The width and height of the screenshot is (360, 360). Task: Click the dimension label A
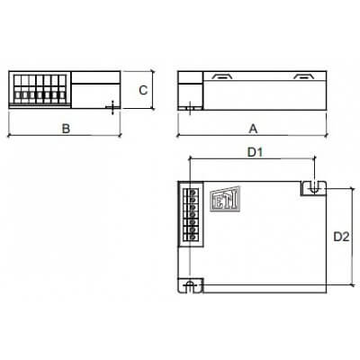click(251, 128)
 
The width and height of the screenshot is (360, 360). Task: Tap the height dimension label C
click(142, 89)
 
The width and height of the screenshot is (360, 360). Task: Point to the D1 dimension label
click(255, 152)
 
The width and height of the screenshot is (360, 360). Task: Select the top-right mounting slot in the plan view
click(312, 187)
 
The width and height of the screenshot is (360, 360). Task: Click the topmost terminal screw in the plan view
click(190, 192)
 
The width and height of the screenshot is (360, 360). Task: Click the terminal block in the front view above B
click(40, 90)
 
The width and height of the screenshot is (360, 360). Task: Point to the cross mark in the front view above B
click(111, 107)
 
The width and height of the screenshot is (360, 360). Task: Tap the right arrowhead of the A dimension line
click(325, 137)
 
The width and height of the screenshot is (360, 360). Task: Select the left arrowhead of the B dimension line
click(10, 137)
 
